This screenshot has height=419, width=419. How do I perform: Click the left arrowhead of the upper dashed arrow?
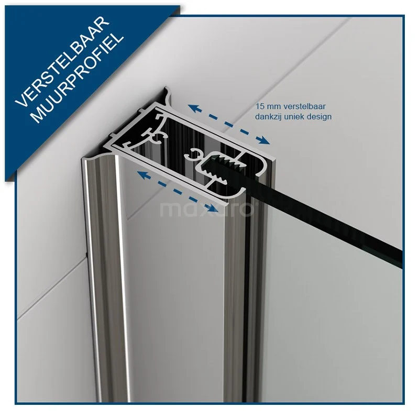[x=192, y=107]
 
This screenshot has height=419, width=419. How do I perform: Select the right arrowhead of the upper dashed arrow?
[x=266, y=140]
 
